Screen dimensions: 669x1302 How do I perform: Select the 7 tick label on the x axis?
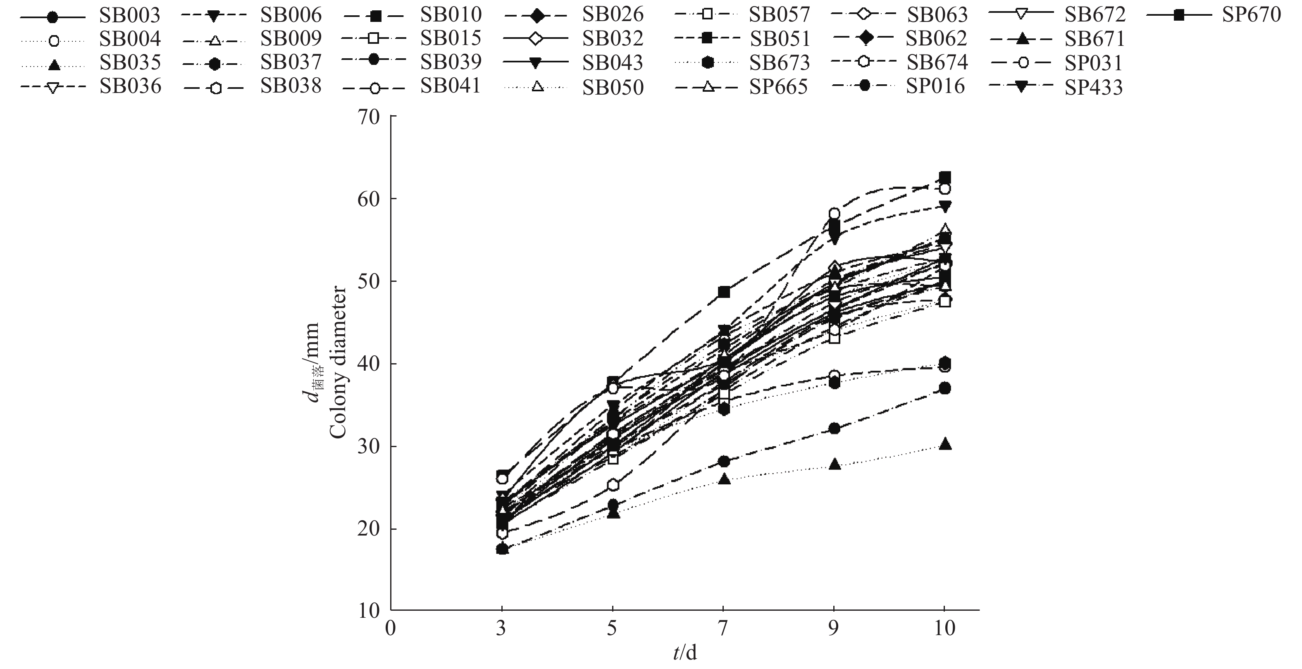pyautogui.click(x=723, y=629)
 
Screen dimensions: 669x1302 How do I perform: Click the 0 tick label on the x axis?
pyautogui.click(x=390, y=629)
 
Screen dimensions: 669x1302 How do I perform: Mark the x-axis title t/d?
pyautogui.click(x=685, y=653)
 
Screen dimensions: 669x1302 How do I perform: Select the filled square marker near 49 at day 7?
pyautogui.click(x=724, y=292)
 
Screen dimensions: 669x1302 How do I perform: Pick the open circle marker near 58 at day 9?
pyautogui.click(x=835, y=213)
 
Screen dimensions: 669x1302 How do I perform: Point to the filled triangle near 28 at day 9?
pyautogui.click(x=835, y=464)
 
